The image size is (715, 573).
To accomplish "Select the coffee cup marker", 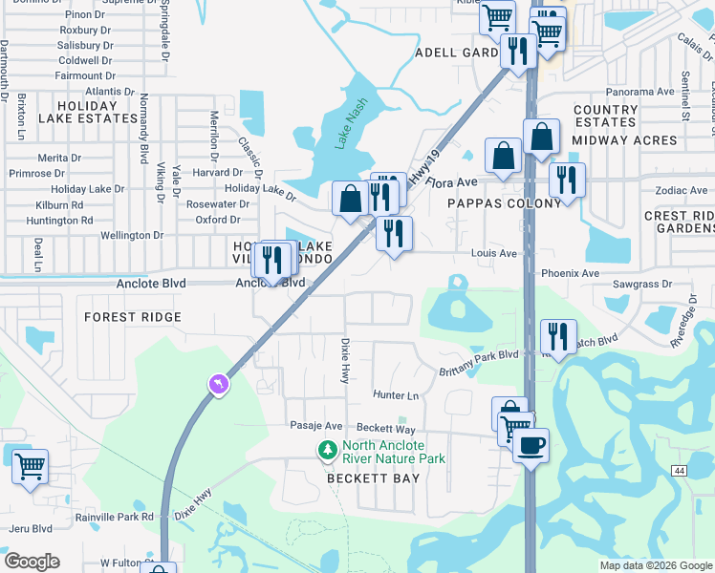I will point(531,445).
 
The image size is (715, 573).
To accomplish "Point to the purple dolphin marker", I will point(220,384).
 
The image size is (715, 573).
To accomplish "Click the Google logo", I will point(32,562).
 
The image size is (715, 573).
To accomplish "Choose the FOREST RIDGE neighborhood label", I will point(133,317).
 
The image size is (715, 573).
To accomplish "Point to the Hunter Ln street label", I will point(396,395).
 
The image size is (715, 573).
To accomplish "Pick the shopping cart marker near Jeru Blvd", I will point(30,467).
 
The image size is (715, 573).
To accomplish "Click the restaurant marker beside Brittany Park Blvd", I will point(558,336).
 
